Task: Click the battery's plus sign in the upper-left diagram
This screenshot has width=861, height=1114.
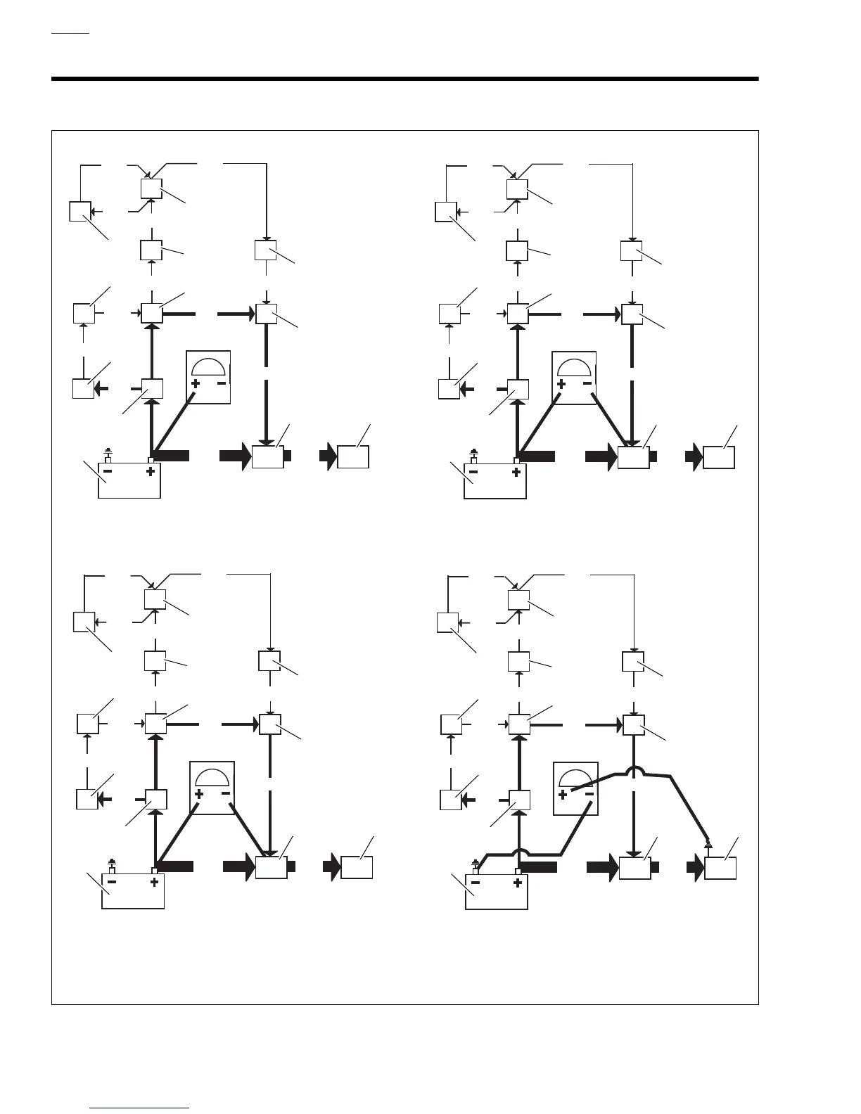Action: (150, 471)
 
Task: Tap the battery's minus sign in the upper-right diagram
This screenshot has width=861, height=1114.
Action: (474, 471)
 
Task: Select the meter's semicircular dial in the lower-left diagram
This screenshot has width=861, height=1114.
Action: (212, 777)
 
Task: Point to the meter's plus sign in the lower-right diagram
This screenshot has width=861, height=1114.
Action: (563, 795)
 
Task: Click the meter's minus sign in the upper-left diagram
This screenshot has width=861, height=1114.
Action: (222, 383)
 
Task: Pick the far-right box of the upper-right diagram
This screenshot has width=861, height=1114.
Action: (719, 457)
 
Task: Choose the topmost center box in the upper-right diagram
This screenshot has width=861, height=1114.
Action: (518, 189)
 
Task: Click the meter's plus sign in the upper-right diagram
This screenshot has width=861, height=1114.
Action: (561, 384)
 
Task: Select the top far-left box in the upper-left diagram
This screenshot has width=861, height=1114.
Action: (80, 211)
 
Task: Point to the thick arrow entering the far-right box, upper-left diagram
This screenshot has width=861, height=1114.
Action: (327, 456)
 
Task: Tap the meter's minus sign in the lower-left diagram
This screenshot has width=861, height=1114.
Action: (226, 793)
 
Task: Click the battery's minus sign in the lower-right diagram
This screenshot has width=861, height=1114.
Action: (476, 883)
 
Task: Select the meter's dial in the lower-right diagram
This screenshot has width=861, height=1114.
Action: (575, 777)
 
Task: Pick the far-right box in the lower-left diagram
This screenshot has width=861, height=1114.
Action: (357, 867)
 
